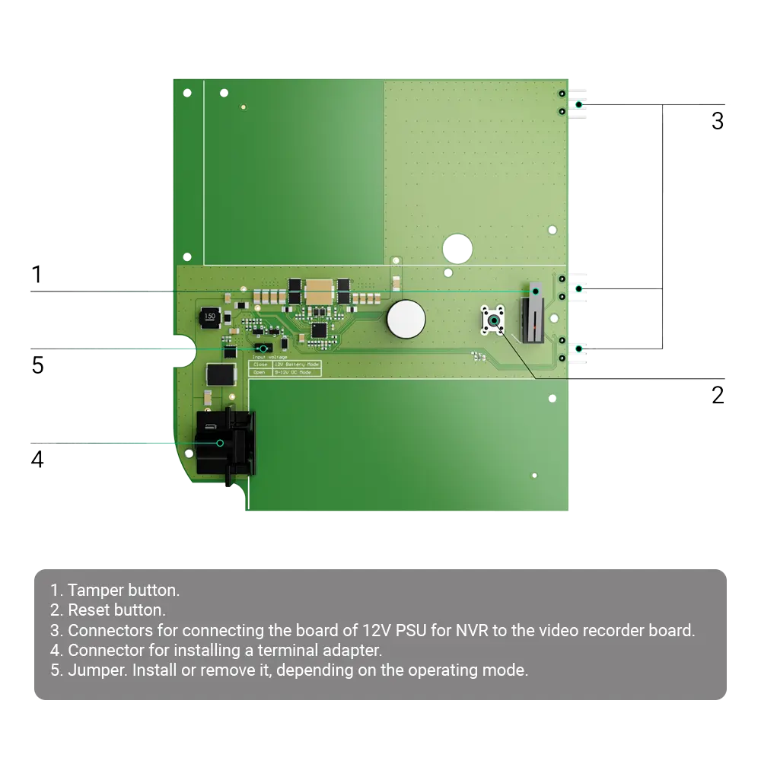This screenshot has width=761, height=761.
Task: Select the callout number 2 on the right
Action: coord(718,394)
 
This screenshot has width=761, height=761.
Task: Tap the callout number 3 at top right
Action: coord(718,122)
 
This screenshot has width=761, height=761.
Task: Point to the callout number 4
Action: coord(37,460)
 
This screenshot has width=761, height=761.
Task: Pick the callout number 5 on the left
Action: coord(37,365)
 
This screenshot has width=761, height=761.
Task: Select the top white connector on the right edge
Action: coord(577,103)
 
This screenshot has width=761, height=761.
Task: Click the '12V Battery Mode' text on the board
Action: coord(295,365)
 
